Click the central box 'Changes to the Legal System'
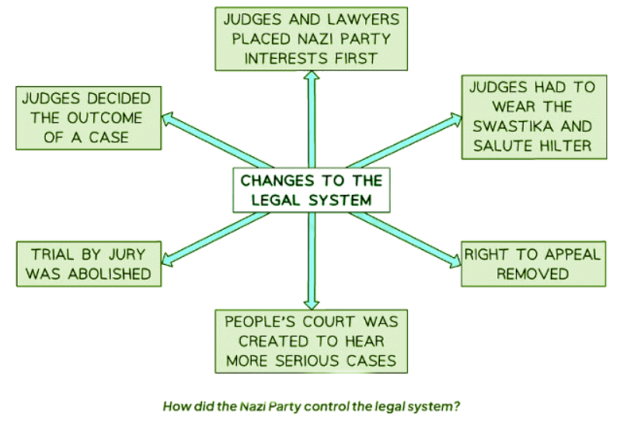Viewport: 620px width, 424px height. pos(311,189)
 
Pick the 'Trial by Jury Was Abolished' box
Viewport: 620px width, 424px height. pos(88,263)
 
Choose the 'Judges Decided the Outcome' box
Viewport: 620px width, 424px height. pos(88,118)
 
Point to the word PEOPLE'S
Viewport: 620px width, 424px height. pos(261,320)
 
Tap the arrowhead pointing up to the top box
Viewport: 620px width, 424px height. pos(312,75)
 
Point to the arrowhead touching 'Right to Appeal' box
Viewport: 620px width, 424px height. pos(454,259)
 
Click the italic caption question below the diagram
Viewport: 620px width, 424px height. pos(311,405)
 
